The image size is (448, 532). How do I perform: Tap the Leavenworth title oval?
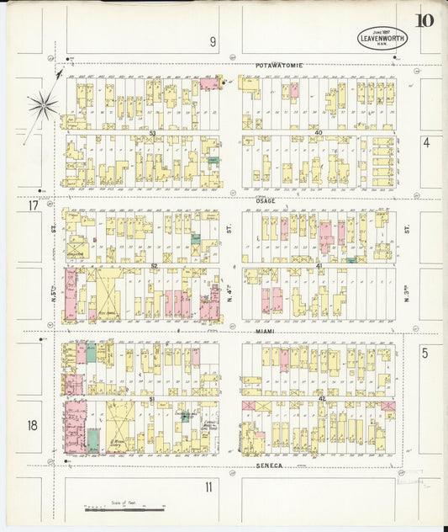pyautogui.click(x=382, y=38)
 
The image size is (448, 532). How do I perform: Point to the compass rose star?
pyautogui.click(x=42, y=105)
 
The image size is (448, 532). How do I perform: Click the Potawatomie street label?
pyautogui.click(x=279, y=65)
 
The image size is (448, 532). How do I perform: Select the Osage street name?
pyautogui.click(x=266, y=200)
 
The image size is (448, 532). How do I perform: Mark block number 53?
pyautogui.click(x=152, y=132)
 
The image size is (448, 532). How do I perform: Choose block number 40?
pyautogui.click(x=319, y=132)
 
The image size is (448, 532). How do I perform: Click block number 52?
pyautogui.click(x=154, y=266)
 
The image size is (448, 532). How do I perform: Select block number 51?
pyautogui.click(x=152, y=398)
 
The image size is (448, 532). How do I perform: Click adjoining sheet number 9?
pyautogui.click(x=213, y=40)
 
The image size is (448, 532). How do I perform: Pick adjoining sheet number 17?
pyautogui.click(x=33, y=205)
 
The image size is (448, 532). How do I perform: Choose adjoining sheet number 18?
pyautogui.click(x=33, y=426)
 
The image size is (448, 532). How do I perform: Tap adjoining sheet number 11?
pyautogui.click(x=208, y=487)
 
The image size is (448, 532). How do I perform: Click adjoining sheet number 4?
pyautogui.click(x=426, y=142)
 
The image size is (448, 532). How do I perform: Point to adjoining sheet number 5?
pyautogui.click(x=426, y=354)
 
